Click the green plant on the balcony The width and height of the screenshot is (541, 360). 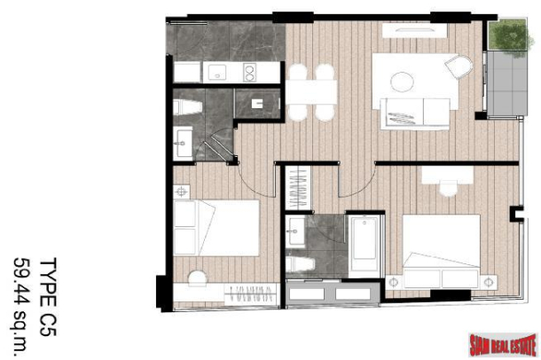point(508,35)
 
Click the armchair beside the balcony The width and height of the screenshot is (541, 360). point(459,66)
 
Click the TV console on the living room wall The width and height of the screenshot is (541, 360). point(413,30)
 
